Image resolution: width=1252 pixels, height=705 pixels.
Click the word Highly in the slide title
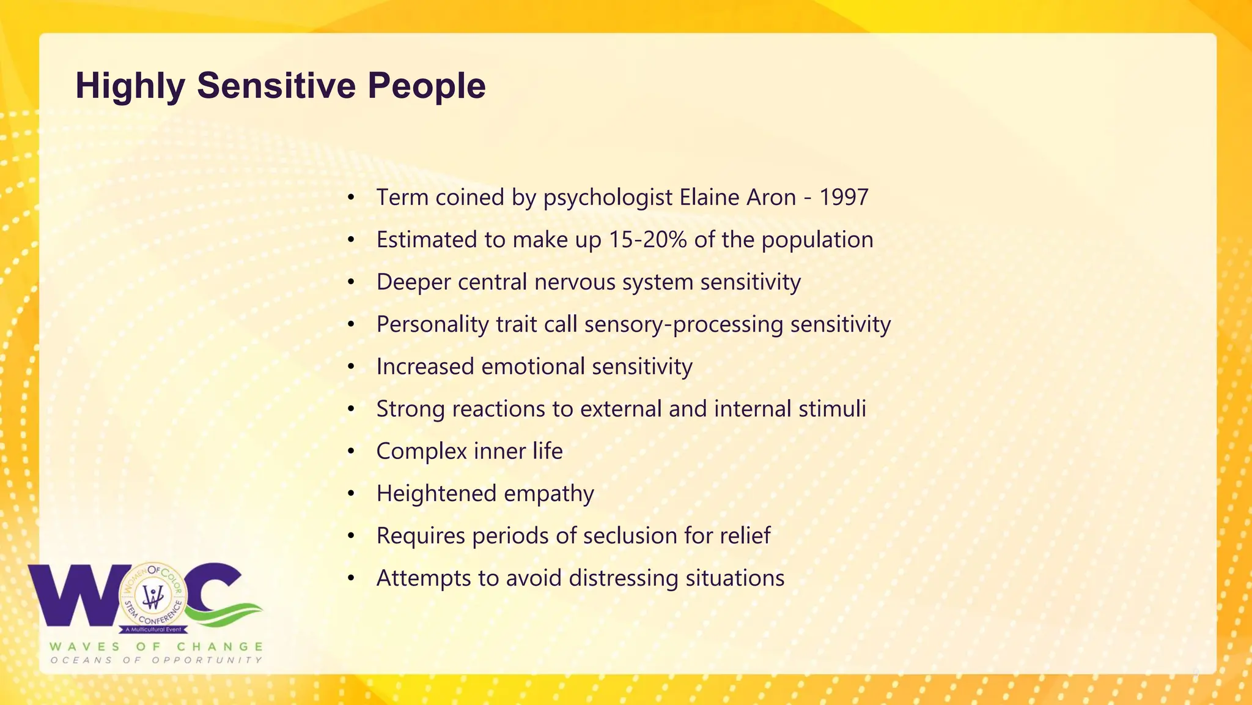pyautogui.click(x=130, y=86)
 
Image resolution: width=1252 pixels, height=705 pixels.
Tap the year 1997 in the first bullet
pyautogui.click(x=844, y=197)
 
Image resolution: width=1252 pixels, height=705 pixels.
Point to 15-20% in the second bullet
pyautogui.click(x=647, y=239)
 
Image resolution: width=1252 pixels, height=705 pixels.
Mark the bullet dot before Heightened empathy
pyautogui.click(x=351, y=493)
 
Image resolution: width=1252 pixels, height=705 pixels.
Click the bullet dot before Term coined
pyautogui.click(x=351, y=197)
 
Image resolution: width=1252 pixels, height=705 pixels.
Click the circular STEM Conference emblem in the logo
pyautogui.click(x=153, y=597)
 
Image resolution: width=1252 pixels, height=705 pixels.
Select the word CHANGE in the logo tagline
pyautogui.click(x=220, y=646)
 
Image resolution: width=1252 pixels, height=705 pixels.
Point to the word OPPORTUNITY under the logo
pyautogui.click(x=207, y=660)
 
